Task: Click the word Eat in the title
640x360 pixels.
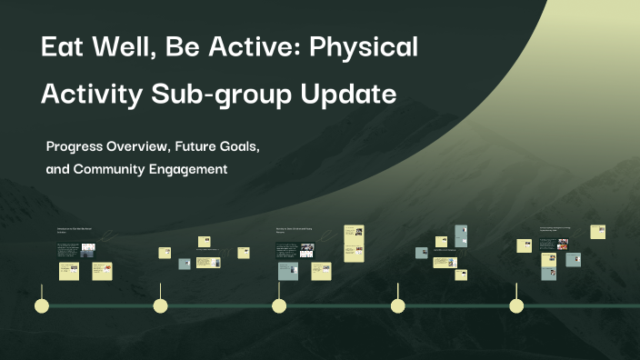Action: [x=65, y=48]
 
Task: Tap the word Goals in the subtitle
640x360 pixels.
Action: [x=259, y=145]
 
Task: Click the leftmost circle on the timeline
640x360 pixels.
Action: [x=42, y=305]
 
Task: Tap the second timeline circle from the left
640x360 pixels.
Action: [x=161, y=305]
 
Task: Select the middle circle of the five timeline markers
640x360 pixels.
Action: [x=279, y=305]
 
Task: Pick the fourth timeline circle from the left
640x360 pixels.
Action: [x=397, y=305]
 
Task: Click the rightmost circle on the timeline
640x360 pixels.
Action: [x=515, y=305]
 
